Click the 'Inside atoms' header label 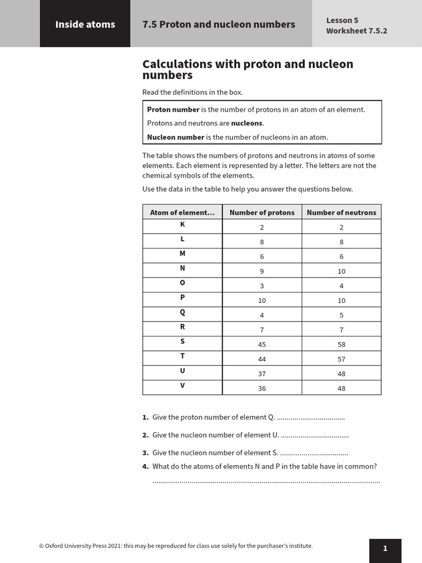[x=85, y=24]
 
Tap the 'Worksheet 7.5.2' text [x=356, y=31]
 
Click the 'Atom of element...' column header [x=182, y=213]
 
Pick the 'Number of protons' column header [x=262, y=213]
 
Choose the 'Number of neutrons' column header [x=341, y=213]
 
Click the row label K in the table [x=182, y=225]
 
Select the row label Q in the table [x=182, y=312]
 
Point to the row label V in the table [x=182, y=385]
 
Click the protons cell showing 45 [x=262, y=345]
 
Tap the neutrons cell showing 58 [x=341, y=345]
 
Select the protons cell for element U [x=262, y=374]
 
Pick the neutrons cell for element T [x=341, y=359]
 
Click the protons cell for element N [x=262, y=272]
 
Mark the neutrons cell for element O [x=341, y=286]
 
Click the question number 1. [x=145, y=417]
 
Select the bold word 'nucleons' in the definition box [x=247, y=124]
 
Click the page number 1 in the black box [x=385, y=548]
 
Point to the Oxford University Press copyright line [x=176, y=546]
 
